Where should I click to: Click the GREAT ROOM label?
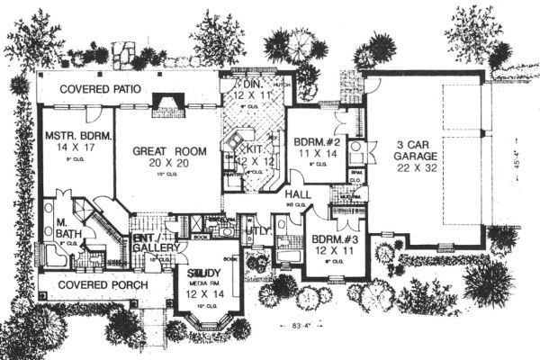167,152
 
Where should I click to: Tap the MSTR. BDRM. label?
76,137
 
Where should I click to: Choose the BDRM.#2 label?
315,141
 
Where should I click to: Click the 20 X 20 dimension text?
167,166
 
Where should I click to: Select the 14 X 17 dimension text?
77,150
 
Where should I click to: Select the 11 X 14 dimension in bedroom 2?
313,154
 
